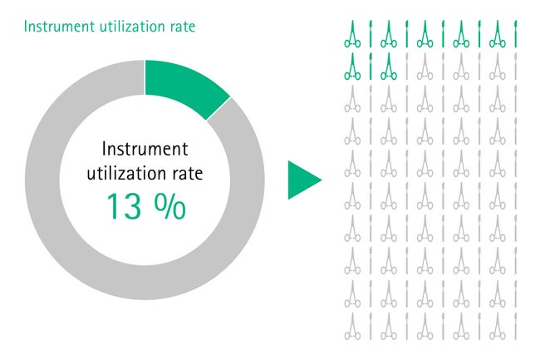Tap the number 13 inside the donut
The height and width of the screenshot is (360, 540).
[x=124, y=206]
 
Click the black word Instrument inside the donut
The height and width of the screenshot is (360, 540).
[x=145, y=149]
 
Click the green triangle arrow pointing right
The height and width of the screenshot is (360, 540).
[x=304, y=180]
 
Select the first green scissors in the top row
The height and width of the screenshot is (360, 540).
[x=352, y=34]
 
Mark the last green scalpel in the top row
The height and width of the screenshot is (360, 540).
[x=516, y=34]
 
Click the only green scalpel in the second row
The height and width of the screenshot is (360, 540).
[x=371, y=67]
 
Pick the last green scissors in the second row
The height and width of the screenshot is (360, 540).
[x=389, y=67]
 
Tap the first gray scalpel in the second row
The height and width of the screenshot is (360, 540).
[x=407, y=67]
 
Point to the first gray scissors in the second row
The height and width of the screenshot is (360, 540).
[x=425, y=67]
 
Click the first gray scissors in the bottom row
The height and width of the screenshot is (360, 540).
[x=352, y=326]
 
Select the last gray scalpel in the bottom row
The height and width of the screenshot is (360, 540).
[x=516, y=326]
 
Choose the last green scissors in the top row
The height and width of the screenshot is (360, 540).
[x=498, y=34]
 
